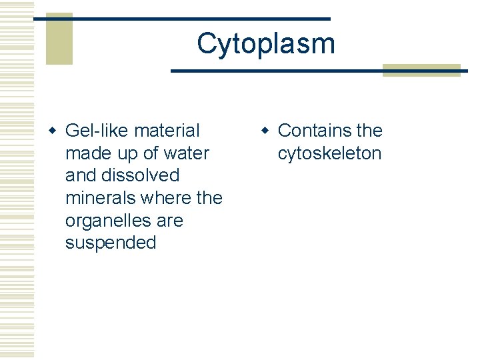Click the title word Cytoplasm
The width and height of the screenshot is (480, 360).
265,44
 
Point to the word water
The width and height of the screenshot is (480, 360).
186,153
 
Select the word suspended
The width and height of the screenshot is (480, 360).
111,243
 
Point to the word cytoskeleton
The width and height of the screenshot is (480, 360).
329,153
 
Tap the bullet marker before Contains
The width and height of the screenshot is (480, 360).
265,131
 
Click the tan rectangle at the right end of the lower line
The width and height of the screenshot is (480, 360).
421,71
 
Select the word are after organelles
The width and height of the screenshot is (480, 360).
170,221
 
